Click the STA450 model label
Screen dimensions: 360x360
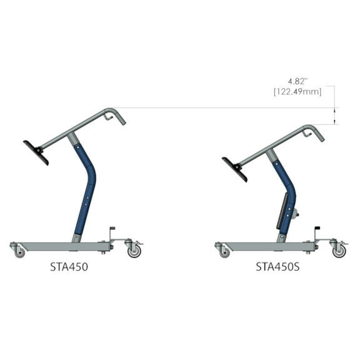click(x=69, y=266)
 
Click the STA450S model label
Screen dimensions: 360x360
click(x=277, y=266)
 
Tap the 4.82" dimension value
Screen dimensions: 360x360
click(x=299, y=82)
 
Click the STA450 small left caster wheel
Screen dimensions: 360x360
click(x=20, y=252)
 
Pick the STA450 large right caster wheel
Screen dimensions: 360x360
click(x=134, y=251)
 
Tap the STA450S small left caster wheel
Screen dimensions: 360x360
click(x=224, y=252)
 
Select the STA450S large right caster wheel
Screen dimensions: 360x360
click(x=339, y=251)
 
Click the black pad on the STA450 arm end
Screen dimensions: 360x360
click(x=36, y=152)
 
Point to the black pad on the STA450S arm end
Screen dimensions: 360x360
click(x=234, y=169)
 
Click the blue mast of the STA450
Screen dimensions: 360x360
click(x=86, y=187)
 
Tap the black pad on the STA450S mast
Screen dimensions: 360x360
click(x=282, y=211)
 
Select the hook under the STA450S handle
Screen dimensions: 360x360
click(x=307, y=132)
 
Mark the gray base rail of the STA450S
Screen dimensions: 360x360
click(x=266, y=246)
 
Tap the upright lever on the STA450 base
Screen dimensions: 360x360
click(x=112, y=234)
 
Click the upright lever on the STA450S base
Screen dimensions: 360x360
click(x=317, y=234)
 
